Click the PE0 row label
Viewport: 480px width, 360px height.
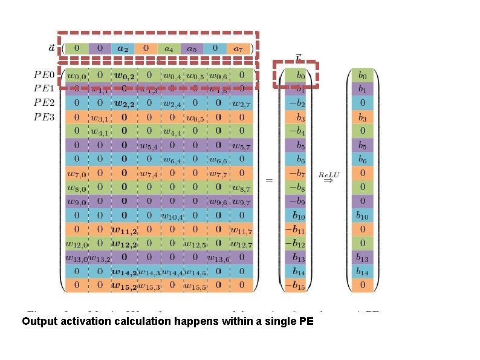(x=44, y=76)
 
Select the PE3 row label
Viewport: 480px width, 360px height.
(x=44, y=117)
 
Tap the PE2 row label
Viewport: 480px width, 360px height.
(x=44, y=103)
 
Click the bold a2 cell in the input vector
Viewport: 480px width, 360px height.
(x=123, y=48)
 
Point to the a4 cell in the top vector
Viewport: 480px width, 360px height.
(x=169, y=48)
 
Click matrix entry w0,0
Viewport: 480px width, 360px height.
(x=76, y=76)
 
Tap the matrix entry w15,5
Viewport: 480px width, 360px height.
(x=195, y=285)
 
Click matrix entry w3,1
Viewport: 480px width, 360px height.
(x=99, y=117)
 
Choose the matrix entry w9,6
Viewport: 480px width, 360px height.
(x=218, y=201)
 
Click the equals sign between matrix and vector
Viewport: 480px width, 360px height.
(x=269, y=180)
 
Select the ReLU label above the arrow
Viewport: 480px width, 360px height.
(x=329, y=174)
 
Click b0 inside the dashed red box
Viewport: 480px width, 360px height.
(x=295, y=76)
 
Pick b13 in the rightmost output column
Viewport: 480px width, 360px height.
(x=363, y=257)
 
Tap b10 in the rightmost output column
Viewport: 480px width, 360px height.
(x=363, y=215)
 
